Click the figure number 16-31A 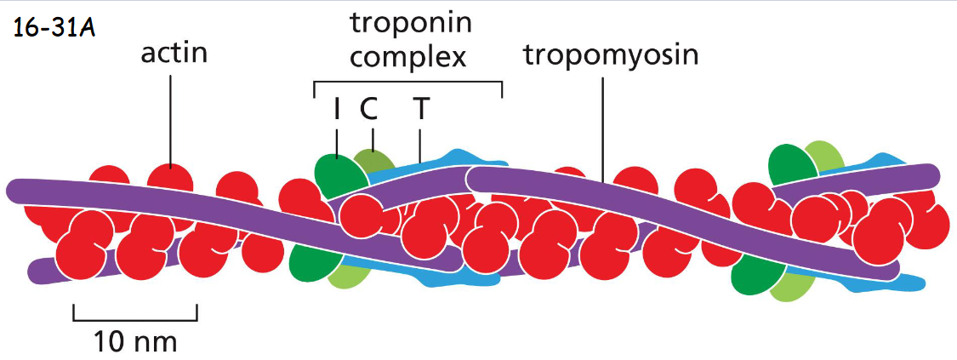(x=53, y=29)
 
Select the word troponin (x=411, y=23)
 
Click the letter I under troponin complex (x=338, y=109)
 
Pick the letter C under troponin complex (x=368, y=109)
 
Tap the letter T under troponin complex (x=419, y=109)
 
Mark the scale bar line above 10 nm (x=135, y=320)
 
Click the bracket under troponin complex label (x=407, y=82)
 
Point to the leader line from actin (x=170, y=119)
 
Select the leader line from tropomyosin (x=603, y=128)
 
